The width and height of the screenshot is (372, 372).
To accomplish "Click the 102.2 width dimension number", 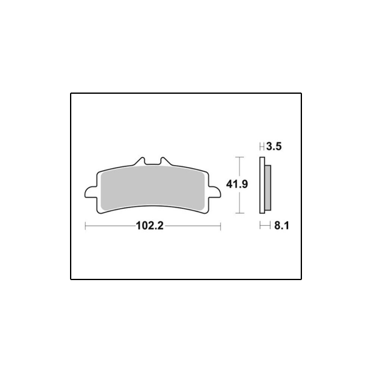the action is coord(149,226).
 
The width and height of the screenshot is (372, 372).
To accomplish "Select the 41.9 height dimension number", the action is coord(237,184).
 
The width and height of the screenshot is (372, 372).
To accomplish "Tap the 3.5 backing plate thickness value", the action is coord(274,146).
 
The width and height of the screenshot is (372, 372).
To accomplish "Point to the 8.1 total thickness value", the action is coord(281,226).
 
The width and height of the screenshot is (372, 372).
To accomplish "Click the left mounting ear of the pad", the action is coord(91,192).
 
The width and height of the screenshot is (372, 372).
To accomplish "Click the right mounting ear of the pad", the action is coord(214,192).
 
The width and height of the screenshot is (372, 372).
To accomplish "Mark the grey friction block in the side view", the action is coord(268,188).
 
